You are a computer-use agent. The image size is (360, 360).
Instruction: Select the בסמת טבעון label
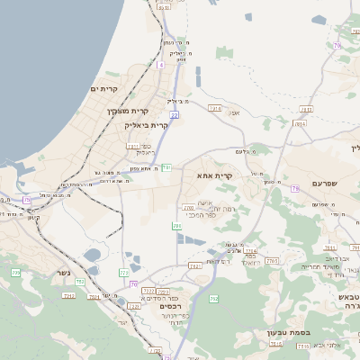tap(289, 332)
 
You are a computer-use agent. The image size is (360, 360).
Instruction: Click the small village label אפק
tap(235, 112)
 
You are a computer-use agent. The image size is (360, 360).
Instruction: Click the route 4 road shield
tap(160, 65)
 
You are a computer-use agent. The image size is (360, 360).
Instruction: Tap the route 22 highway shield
tap(174, 115)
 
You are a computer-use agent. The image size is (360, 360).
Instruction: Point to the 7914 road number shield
tap(214, 108)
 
